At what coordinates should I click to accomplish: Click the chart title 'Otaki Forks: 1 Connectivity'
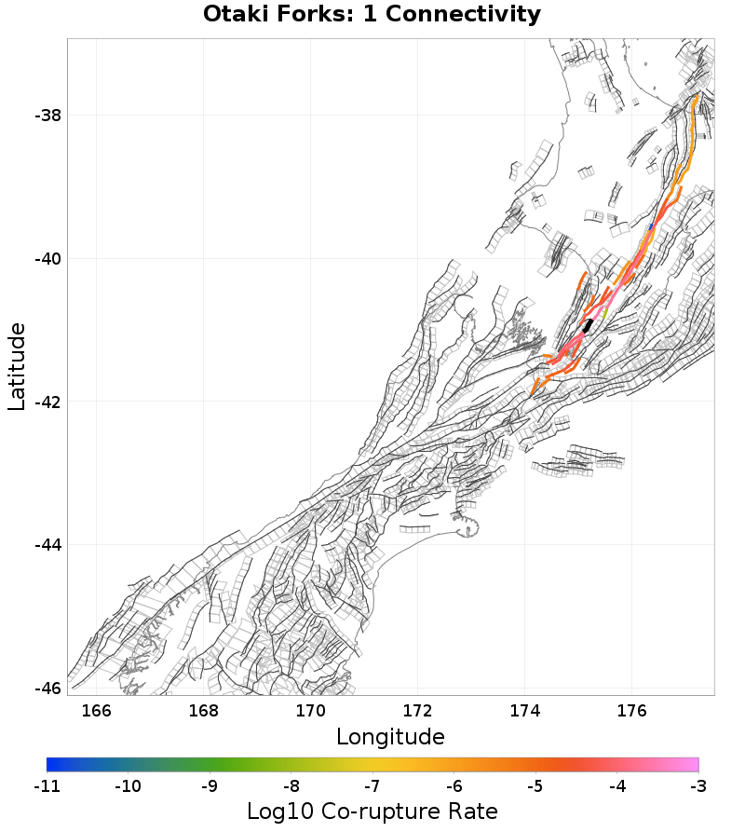point(372,15)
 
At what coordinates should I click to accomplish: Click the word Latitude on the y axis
point(17,366)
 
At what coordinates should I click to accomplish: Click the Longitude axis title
point(390,737)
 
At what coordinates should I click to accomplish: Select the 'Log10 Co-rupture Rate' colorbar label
point(372,812)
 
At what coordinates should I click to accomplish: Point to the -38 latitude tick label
point(48,116)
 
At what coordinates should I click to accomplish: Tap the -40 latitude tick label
point(48,259)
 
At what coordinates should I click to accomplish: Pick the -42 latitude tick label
point(48,402)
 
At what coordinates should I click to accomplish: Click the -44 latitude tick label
point(48,545)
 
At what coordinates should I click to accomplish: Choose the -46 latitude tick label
point(48,688)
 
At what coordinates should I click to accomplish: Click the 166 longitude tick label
point(97,711)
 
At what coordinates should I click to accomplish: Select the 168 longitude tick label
point(204,711)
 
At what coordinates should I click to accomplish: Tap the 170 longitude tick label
point(311,711)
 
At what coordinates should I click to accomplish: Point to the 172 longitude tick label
point(418,711)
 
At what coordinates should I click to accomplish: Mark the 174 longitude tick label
point(525,711)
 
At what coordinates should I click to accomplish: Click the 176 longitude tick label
point(632,711)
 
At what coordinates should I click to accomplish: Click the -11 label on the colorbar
point(47,786)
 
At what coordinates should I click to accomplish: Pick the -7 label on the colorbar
point(372,786)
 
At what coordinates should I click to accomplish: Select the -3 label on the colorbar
point(698,786)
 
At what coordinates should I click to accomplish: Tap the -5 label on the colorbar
point(535,786)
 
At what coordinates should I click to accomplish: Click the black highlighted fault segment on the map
point(588,325)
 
